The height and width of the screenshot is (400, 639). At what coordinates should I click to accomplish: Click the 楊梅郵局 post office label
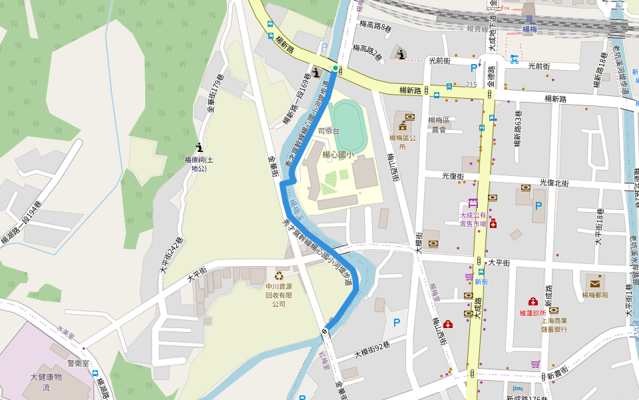tap(594, 295)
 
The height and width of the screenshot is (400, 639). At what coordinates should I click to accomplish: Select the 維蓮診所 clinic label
tap(533, 312)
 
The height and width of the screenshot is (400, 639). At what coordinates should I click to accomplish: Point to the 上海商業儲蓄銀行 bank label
tap(554, 325)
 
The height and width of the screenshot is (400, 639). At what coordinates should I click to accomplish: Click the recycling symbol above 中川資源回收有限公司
tap(279, 275)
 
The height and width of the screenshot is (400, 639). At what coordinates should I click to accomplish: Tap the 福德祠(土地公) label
tap(199, 164)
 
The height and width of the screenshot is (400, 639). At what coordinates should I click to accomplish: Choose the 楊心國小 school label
tap(338, 155)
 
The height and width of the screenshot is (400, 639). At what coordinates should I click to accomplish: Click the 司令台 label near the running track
tap(329, 131)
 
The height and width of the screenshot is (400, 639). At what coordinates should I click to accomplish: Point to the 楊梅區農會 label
tap(438, 124)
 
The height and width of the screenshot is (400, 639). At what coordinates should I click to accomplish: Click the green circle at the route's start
tap(335, 68)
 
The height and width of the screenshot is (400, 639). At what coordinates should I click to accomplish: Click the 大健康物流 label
tap(46, 382)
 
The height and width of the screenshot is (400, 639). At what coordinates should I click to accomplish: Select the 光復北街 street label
tap(556, 182)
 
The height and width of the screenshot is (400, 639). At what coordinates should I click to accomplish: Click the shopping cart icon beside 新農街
tap(535, 364)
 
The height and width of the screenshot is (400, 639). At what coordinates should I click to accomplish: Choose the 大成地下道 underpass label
tap(492, 33)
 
